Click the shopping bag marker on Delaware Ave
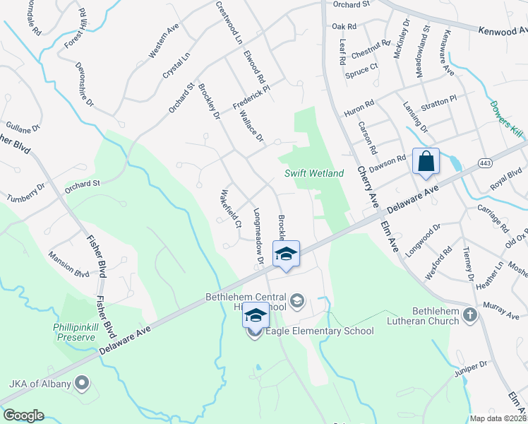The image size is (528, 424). point(426,161)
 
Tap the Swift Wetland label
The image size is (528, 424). point(314,173)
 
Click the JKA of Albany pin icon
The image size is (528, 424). point(82,384)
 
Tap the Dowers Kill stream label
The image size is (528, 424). point(506,117)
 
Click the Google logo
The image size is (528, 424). point(23,416)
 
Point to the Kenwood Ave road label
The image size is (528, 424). point(503,31)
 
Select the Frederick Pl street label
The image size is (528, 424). point(252,98)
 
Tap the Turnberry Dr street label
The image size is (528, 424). point(26,193)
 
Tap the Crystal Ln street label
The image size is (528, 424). point(176,66)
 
